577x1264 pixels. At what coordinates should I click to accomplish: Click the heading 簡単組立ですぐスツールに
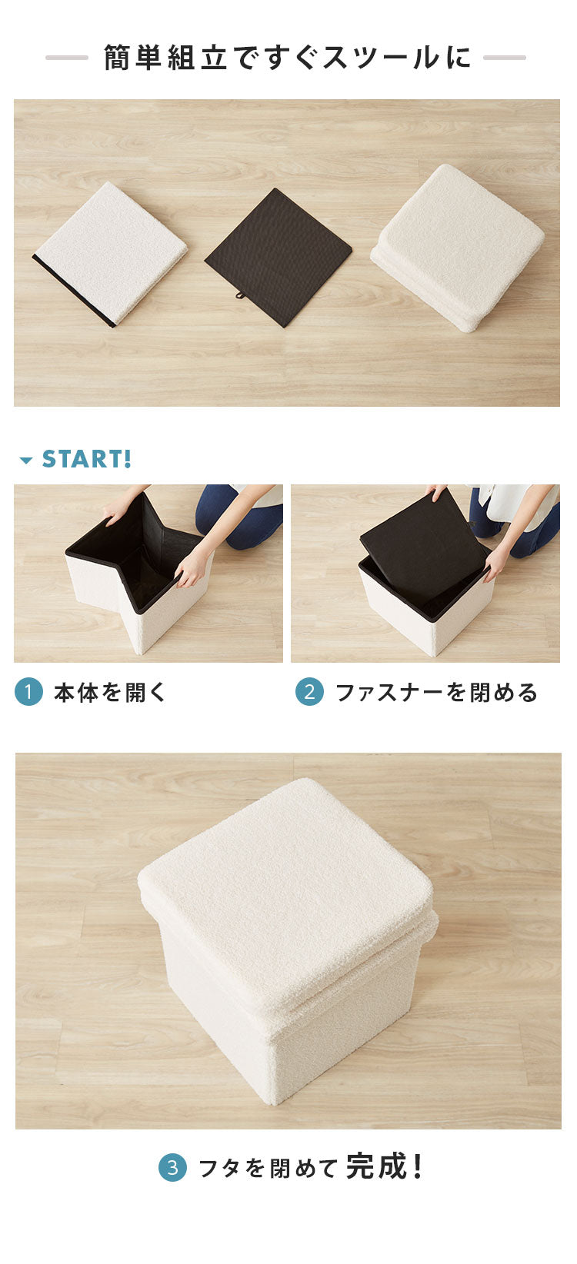[287, 58]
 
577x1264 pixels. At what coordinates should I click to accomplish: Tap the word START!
[86, 459]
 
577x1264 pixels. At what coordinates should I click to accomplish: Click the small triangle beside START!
[26, 461]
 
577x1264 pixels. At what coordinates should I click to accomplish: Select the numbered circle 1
[28, 692]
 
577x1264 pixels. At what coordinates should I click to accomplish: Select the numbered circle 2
[309, 692]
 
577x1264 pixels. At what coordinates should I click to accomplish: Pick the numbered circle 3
[172, 1168]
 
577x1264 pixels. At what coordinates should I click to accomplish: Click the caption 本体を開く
[110, 692]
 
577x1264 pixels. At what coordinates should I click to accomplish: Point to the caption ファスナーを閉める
[436, 692]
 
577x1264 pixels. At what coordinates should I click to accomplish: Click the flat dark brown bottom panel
[278, 255]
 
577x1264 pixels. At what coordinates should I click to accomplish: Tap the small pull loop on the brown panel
[241, 295]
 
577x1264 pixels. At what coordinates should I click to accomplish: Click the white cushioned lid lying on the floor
[460, 244]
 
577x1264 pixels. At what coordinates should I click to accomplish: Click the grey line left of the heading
[67, 58]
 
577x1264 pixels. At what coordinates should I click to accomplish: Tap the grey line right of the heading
[505, 58]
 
